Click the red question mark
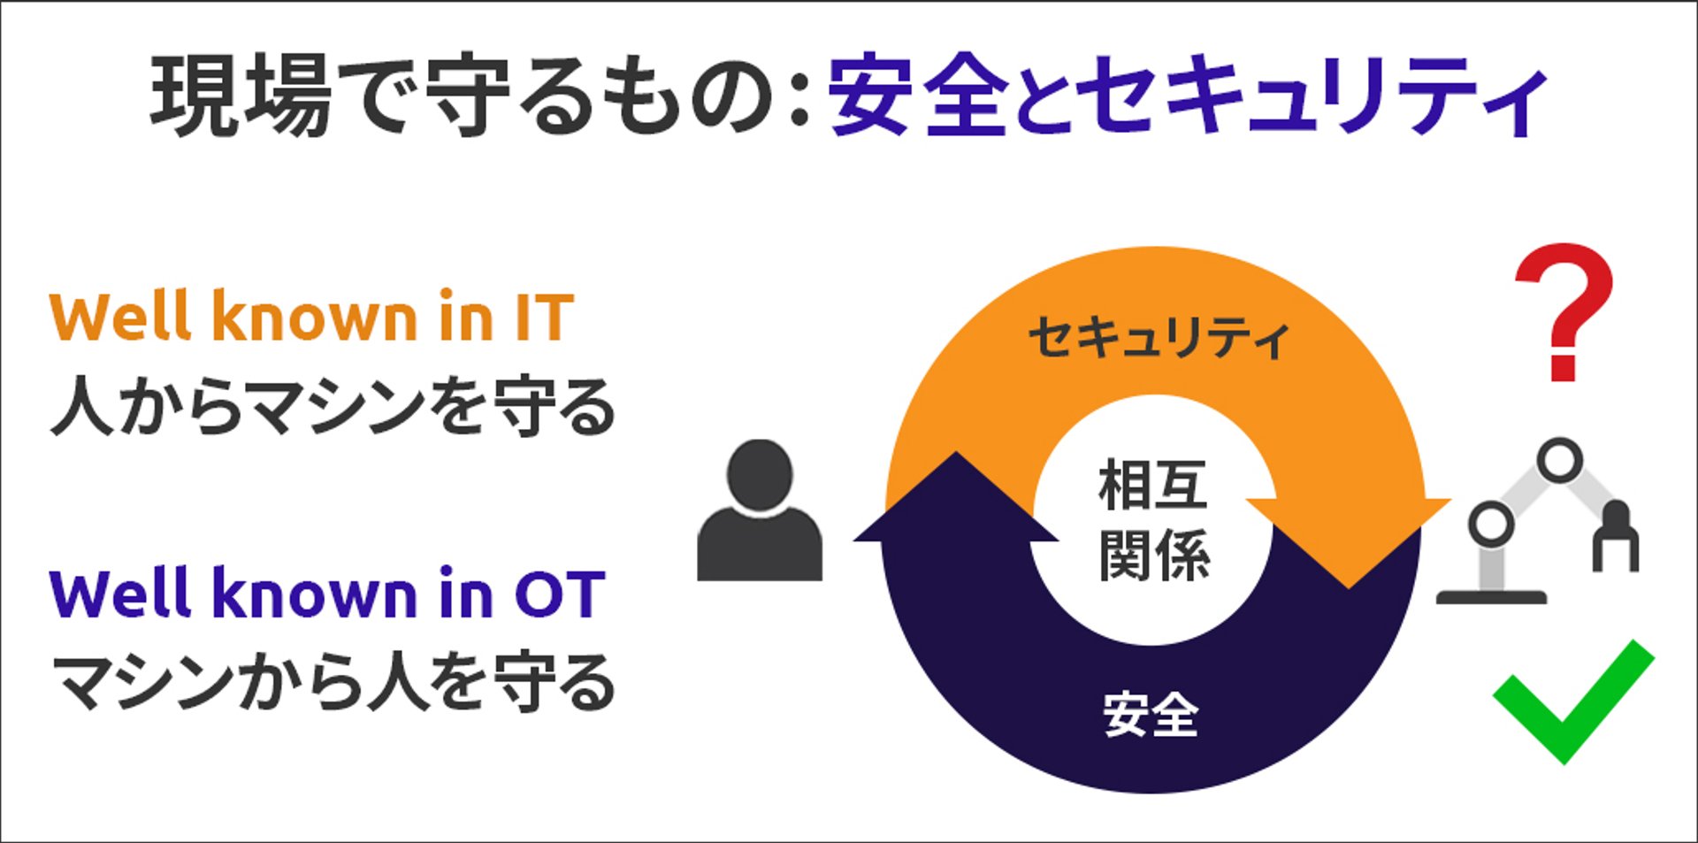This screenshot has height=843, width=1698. pos(1564,310)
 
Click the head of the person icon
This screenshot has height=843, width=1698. pos(760,474)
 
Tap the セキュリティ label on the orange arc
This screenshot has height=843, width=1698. pos(1158,338)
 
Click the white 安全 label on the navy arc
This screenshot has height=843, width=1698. pos(1151,715)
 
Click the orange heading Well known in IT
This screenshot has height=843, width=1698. pos(311,316)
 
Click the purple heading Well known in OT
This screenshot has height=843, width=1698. pos(326,594)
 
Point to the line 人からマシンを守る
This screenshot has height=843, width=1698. pos(333,407)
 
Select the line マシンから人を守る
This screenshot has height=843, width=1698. pos(333,684)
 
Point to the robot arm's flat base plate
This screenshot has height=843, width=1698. pos(1491,598)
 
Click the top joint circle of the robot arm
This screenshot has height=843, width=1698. pos(1559,460)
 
